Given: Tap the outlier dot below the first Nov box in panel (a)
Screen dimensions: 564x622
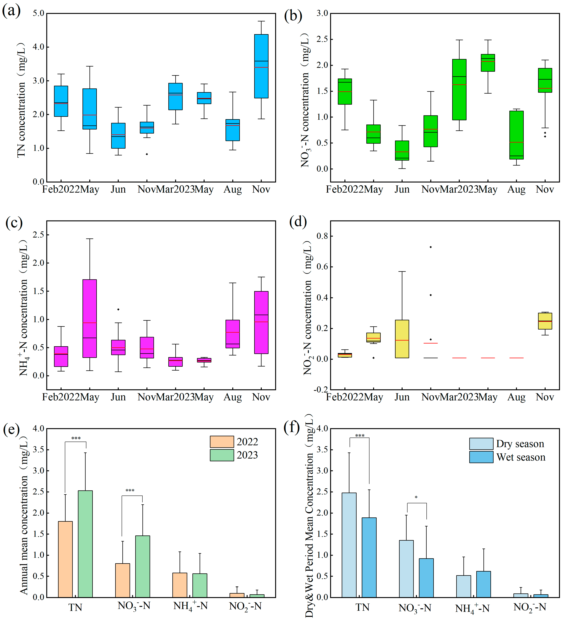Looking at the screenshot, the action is point(147,154).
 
